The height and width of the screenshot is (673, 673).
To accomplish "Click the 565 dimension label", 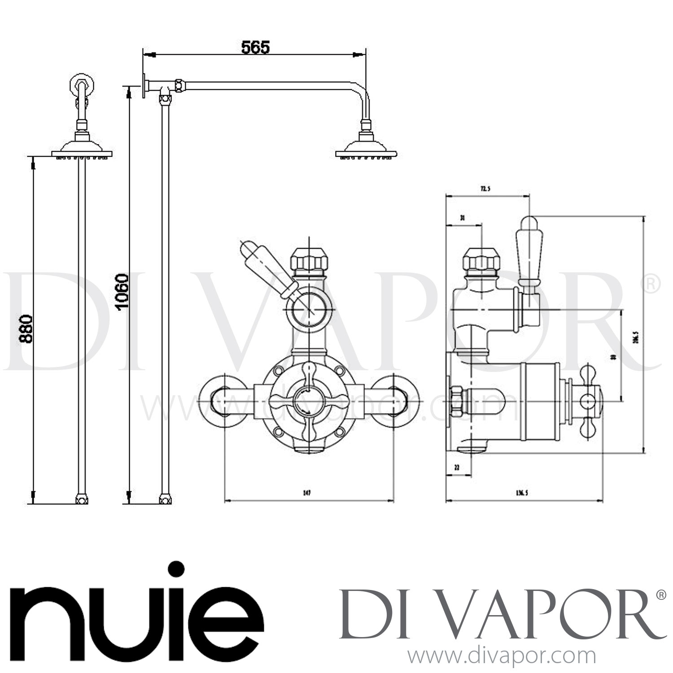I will pos(255,47).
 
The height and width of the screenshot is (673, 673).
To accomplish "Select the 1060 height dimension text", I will pos(122,292).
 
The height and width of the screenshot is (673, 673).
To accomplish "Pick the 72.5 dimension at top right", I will pos(485,189).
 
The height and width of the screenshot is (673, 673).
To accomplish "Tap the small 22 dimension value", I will pos(457,467).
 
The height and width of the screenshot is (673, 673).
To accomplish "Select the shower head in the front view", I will pos(82,148).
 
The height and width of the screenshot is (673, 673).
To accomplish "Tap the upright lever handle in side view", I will pos(529,251).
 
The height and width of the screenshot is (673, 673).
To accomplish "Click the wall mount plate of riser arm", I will pos(145,85).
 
